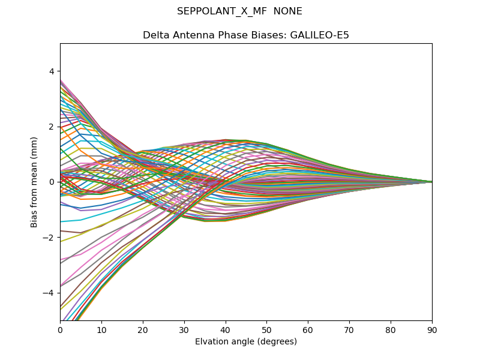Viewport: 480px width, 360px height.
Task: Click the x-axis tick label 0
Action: point(60,329)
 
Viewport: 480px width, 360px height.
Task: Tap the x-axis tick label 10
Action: point(101,329)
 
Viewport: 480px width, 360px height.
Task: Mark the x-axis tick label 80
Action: point(391,329)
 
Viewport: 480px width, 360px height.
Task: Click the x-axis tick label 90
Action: point(432,329)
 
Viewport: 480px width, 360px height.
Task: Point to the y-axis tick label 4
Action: point(52,71)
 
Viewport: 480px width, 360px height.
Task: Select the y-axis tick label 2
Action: point(52,127)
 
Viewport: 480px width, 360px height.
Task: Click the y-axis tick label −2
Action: point(49,237)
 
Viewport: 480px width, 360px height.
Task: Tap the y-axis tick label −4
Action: point(49,293)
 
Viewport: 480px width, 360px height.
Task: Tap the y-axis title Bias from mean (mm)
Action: point(34,182)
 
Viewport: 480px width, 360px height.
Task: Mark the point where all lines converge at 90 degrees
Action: point(431,182)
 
